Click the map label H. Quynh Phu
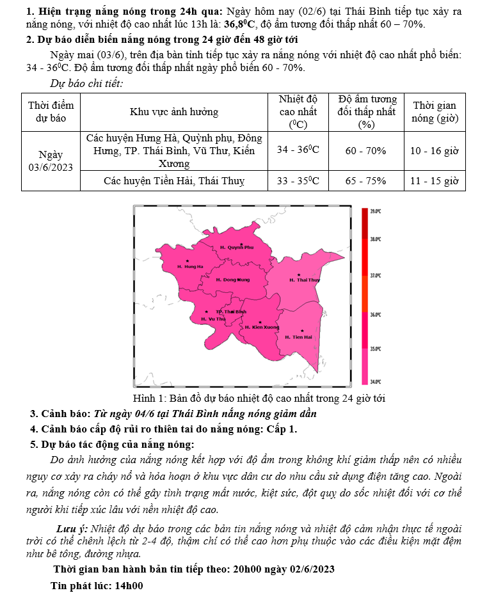237,247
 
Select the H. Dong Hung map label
233,280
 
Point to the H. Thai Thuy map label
304,280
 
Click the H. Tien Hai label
298,336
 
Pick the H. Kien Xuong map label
262,327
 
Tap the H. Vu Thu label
213,318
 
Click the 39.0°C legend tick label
376,210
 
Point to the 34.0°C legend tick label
376,381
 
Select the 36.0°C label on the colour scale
376,315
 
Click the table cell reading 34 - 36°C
298,150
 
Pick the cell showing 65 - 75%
365,181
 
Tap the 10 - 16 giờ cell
435,150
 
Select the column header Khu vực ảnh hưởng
174,112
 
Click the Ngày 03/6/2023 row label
51,161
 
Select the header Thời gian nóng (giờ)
435,112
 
